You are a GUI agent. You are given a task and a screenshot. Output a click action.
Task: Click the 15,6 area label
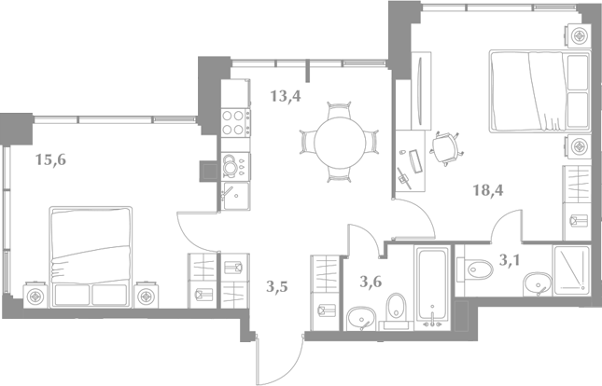(x=50, y=159)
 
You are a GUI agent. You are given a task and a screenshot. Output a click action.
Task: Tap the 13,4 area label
(x=286, y=96)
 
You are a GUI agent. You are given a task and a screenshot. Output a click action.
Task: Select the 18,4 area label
(x=488, y=190)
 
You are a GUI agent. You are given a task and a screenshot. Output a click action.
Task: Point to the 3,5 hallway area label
(x=277, y=286)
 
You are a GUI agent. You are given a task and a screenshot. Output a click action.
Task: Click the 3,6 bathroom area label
(x=371, y=282)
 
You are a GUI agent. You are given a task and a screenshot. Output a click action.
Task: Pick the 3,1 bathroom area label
(x=510, y=260)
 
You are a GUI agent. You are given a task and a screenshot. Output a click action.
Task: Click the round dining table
(x=340, y=143)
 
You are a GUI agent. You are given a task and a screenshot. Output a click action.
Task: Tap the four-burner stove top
(x=236, y=122)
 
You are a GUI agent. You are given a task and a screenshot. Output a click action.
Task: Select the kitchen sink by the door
(x=236, y=196)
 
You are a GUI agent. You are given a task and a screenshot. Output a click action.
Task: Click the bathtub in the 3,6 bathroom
(x=432, y=287)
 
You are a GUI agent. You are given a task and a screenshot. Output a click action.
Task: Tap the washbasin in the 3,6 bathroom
(x=361, y=319)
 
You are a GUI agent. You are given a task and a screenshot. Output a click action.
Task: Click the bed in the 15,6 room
(x=91, y=257)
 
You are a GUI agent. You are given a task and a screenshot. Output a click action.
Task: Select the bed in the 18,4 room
(x=540, y=91)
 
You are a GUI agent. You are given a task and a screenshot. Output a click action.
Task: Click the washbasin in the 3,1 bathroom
(x=538, y=284)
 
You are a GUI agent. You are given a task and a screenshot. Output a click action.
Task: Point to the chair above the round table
(x=339, y=110)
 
